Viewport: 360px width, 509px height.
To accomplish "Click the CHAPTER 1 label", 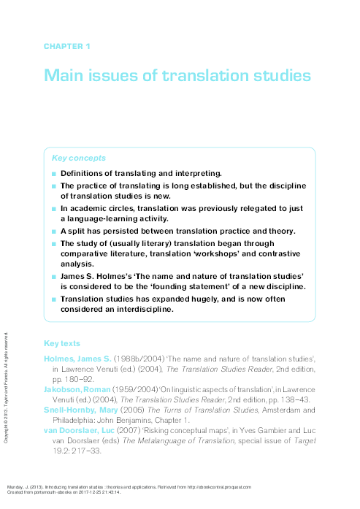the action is pyautogui.click(x=66, y=47).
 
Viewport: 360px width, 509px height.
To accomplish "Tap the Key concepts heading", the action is pyautogui.click(x=78, y=158).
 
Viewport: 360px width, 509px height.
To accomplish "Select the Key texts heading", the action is pyautogui.click(x=62, y=343).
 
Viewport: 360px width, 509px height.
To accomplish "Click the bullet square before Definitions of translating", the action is pyautogui.click(x=53, y=174).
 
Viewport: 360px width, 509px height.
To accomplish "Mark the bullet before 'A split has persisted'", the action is pyautogui.click(x=53, y=231).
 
